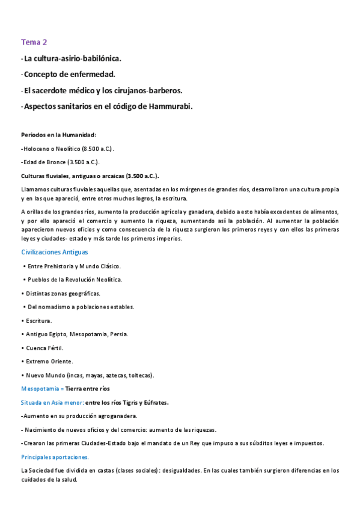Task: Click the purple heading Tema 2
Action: (34, 42)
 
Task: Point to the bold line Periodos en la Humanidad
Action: (58, 135)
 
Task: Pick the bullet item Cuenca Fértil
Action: (45, 348)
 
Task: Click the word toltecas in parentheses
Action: (139, 375)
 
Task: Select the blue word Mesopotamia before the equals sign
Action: (39, 389)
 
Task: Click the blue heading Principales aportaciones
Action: (55, 457)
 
